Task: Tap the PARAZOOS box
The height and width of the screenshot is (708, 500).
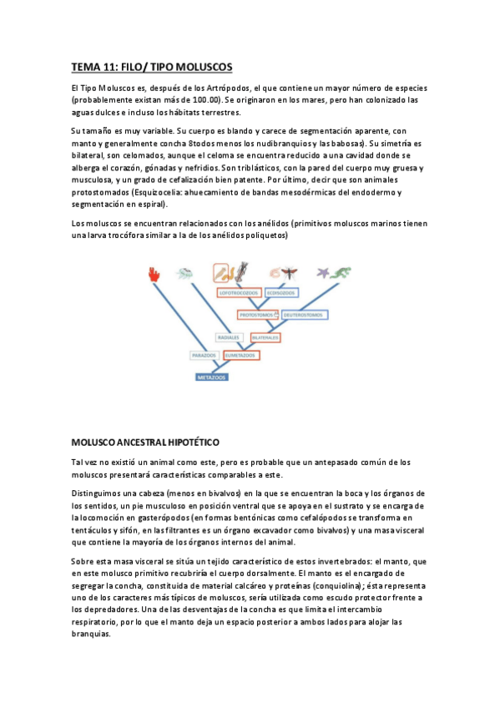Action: point(203,355)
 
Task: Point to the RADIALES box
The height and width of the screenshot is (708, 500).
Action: point(228,336)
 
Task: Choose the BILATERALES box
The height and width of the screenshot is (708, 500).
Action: point(265,336)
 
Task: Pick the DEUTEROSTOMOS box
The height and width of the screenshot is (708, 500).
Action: point(302,315)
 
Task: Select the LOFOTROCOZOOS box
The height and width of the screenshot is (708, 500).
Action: point(238,293)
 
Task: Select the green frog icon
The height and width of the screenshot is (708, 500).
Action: point(340,272)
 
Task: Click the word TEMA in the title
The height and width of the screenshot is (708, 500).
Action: point(84,67)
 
